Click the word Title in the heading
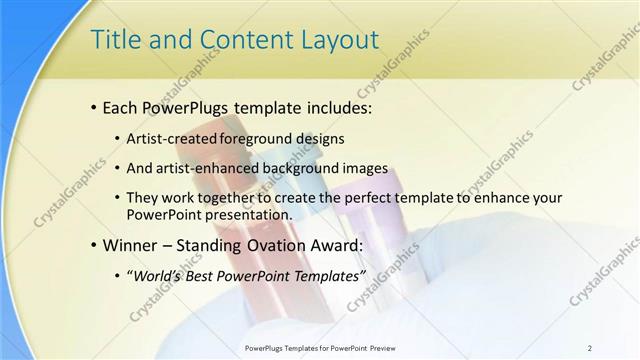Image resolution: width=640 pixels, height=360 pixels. tap(113, 40)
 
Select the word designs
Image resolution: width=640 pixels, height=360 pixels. tap(318, 139)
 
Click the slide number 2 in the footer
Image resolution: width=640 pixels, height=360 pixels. tap(590, 347)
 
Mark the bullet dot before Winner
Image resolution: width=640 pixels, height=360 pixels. tap(94, 245)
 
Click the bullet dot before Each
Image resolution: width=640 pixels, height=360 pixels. tap(94, 105)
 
